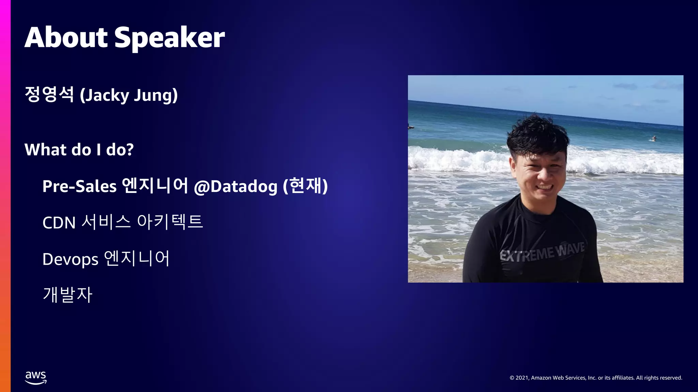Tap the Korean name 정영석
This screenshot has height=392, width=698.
pyautogui.click(x=49, y=95)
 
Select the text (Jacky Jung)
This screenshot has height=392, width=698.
pyautogui.click(x=128, y=95)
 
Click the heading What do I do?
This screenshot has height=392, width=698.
pyautogui.click(x=79, y=150)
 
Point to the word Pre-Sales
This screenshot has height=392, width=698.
pyautogui.click(x=79, y=186)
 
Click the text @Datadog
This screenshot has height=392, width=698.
pyautogui.click(x=236, y=186)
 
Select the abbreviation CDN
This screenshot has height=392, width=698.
pyautogui.click(x=59, y=223)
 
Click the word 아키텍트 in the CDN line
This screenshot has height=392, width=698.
pyautogui.click(x=170, y=222)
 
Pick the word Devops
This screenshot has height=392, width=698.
pyautogui.click(x=70, y=259)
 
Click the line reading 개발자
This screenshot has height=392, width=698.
pyautogui.click(x=67, y=295)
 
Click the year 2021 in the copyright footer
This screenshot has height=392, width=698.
pyautogui.click(x=522, y=378)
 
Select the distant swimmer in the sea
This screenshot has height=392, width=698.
pyautogui.click(x=654, y=138)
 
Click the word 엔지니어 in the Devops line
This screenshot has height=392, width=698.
pyautogui.click(x=136, y=259)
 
